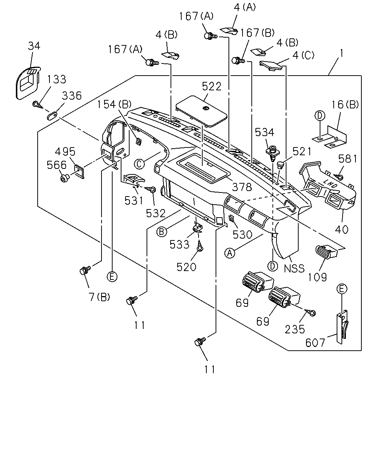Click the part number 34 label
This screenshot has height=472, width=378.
coord(34,46)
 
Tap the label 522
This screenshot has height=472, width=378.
coord(212,86)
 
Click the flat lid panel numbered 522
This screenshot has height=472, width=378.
coord(201,111)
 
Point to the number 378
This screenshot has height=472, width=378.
coord(242,187)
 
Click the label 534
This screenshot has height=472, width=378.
coord(264,132)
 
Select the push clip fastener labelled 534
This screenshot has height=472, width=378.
coord(272,153)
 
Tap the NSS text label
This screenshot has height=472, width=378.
coord(294,268)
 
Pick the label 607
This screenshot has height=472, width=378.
coord(315,343)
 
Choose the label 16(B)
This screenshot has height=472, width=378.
coord(345,105)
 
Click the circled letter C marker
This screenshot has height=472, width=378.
coord(139,164)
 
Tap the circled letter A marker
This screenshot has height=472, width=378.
coord(230,253)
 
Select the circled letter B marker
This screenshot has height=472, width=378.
coord(162,232)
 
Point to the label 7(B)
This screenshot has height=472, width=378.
coord(99,297)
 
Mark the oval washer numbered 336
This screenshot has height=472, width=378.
coord(52,115)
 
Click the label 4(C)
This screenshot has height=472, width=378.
coord(303,55)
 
